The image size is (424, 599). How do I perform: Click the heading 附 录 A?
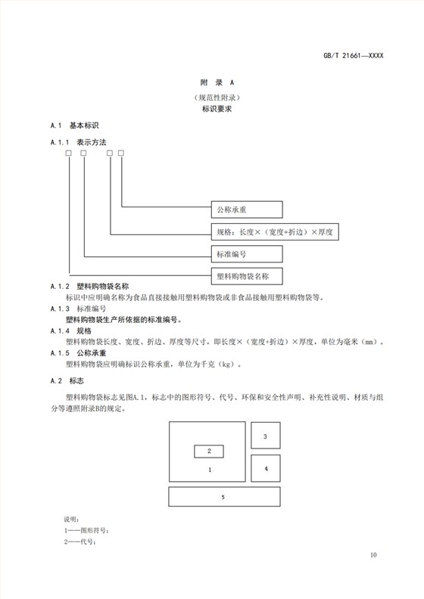(211, 82)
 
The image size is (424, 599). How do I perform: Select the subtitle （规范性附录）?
(211, 98)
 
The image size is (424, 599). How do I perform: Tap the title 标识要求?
(211, 110)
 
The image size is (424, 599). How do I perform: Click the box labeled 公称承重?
(246, 209)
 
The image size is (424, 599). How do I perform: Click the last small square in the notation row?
(120, 155)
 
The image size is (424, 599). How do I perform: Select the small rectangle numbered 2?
(209, 452)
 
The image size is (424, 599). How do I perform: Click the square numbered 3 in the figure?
(265, 436)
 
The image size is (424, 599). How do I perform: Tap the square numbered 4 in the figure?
(265, 469)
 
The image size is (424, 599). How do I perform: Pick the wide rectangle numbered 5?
(223, 497)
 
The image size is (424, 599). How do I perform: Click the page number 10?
(373, 556)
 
